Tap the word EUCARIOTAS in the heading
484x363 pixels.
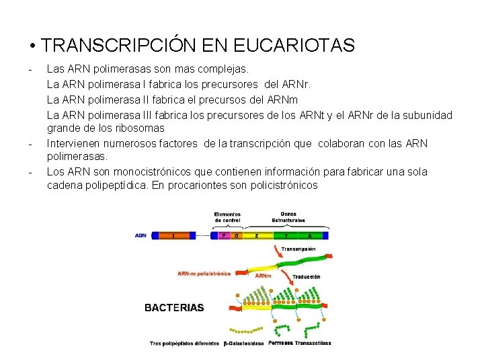pyautogui.click(x=294, y=46)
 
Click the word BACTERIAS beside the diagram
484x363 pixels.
pyautogui.click(x=174, y=308)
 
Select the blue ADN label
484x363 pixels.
pyautogui.click(x=141, y=236)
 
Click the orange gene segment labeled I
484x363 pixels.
pyautogui.click(x=174, y=236)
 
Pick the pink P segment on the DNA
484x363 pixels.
pyautogui.click(x=224, y=236)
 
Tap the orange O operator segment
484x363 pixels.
pyautogui.click(x=236, y=236)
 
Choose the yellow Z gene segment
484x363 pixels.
pyautogui.click(x=257, y=236)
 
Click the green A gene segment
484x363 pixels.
pyautogui.click(x=310, y=236)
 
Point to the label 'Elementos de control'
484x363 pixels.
pyautogui.click(x=229, y=217)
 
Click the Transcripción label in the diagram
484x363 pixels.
pyautogui.click(x=298, y=249)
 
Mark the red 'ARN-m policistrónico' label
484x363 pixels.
pyautogui.click(x=204, y=274)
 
